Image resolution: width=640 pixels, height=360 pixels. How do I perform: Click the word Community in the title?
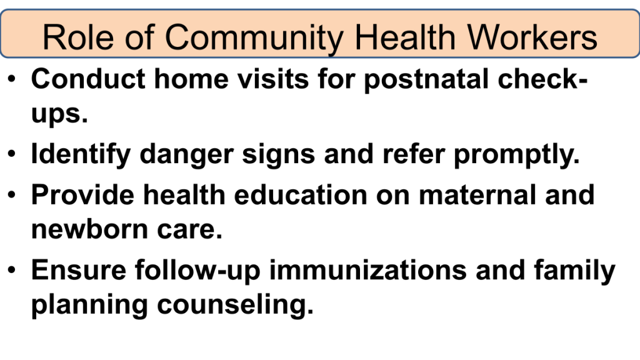254,38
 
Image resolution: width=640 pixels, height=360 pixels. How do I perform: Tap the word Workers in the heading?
532,37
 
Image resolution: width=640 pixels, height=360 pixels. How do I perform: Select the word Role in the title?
78,37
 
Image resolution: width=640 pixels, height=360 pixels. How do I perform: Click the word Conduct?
88,78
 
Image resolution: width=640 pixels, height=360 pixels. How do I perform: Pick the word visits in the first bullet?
273,78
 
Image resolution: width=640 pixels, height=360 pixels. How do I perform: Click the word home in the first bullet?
191,78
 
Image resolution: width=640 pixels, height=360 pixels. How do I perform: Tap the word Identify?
81,154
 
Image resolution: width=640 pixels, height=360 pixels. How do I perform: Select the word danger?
186,154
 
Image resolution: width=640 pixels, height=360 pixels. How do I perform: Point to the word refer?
414,154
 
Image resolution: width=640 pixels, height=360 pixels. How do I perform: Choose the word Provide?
83,194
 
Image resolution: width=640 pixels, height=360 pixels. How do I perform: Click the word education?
301,194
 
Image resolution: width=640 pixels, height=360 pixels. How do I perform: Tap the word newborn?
89,229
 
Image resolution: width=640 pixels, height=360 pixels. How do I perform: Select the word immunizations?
367,270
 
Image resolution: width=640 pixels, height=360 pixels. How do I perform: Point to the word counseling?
236,305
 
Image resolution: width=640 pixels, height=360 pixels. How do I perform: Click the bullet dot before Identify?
11,154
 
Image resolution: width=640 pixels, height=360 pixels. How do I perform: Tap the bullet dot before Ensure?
11,270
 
